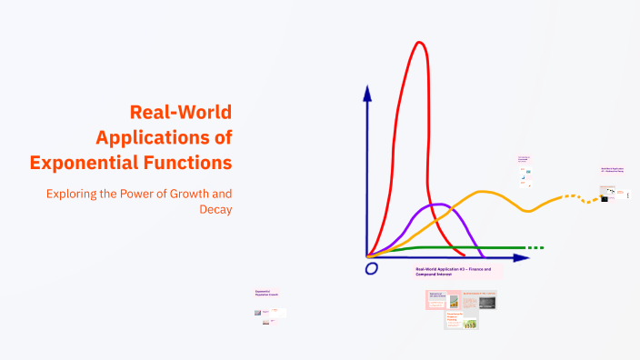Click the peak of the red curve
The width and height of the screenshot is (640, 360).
pyautogui.click(x=419, y=43)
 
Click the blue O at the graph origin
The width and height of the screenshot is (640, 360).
pyautogui.click(x=371, y=268)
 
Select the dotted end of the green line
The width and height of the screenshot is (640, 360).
pyautogui.click(x=535, y=247)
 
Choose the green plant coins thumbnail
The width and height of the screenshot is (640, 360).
pyautogui.click(x=470, y=323)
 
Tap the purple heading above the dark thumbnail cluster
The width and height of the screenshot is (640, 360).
pyautogui.click(x=612, y=170)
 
